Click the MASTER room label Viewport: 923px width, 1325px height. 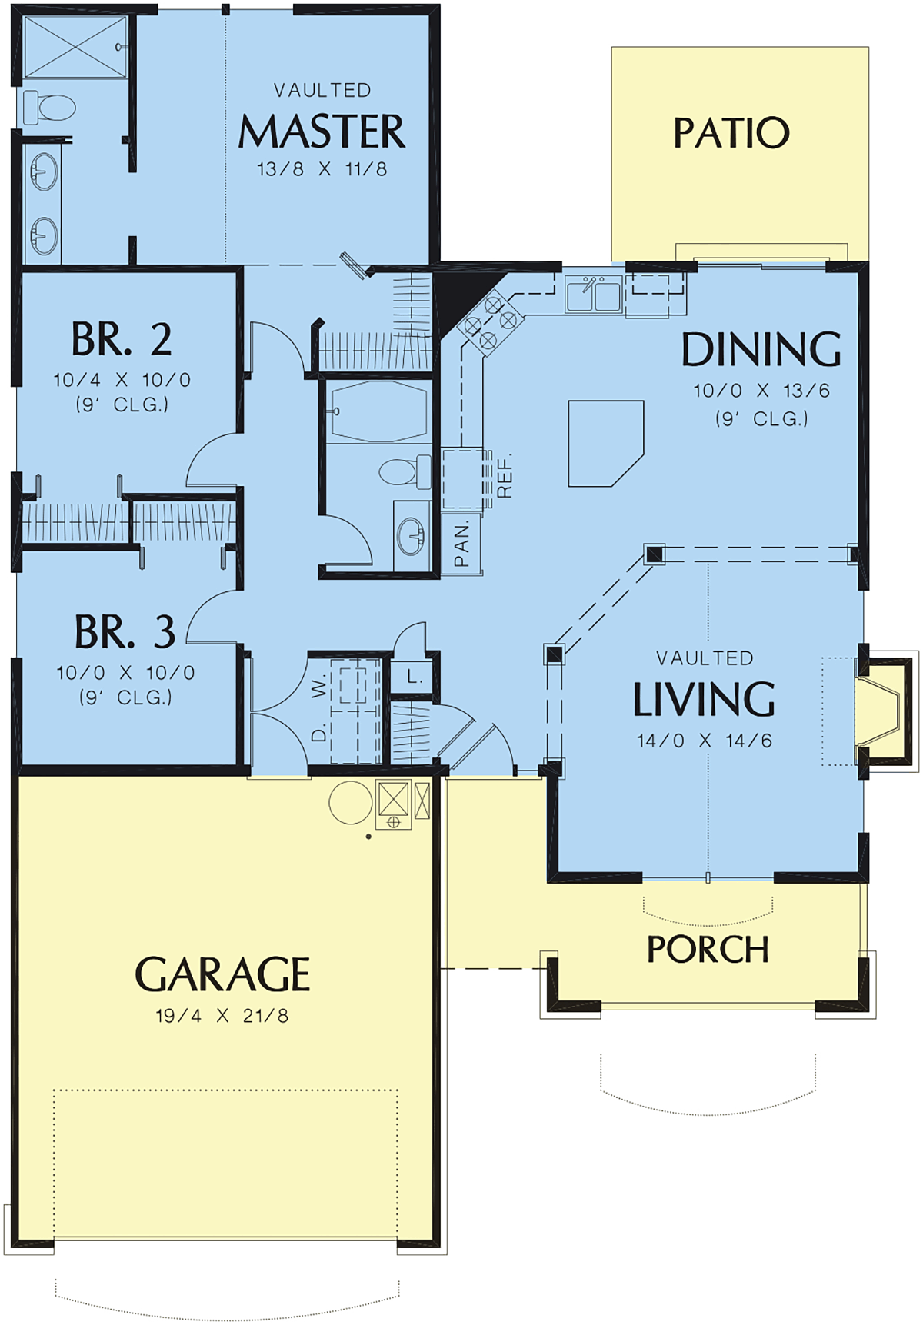click(x=322, y=132)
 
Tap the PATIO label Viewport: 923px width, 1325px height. click(x=731, y=133)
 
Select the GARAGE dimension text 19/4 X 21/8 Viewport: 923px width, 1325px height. click(x=222, y=1016)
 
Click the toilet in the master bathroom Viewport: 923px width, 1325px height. click(x=49, y=108)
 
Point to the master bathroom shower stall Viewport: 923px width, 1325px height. click(x=75, y=48)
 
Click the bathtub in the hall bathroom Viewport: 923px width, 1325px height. click(x=378, y=412)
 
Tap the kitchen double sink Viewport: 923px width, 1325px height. click(x=594, y=295)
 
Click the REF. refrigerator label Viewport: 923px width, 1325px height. click(x=505, y=476)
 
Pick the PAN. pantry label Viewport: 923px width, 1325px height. click(x=461, y=544)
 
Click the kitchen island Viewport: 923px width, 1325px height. click(x=605, y=444)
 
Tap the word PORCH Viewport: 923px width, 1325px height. click(x=708, y=950)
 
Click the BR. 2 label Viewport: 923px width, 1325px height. click(x=122, y=339)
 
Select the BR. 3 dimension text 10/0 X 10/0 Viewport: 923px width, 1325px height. click(x=125, y=673)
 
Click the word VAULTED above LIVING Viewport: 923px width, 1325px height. click(x=705, y=658)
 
